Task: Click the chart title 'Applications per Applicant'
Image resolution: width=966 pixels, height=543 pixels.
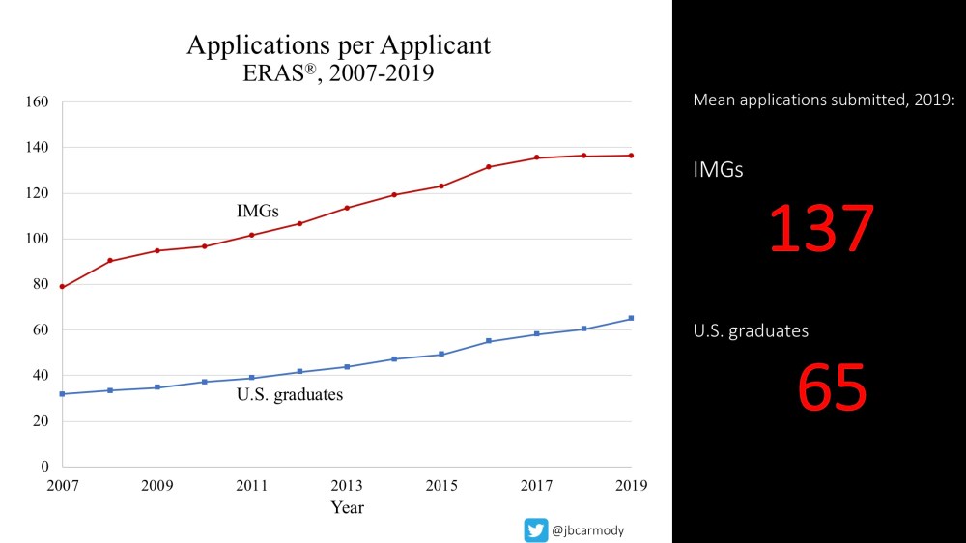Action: point(338,45)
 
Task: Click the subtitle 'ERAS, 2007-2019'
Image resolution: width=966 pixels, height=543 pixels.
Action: point(338,73)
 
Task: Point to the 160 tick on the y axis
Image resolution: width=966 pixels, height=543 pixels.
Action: point(38,101)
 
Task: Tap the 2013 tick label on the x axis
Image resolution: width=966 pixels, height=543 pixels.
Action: point(347,484)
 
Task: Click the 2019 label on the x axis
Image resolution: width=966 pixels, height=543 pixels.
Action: point(632,484)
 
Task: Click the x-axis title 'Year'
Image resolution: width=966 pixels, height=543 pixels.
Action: point(347,507)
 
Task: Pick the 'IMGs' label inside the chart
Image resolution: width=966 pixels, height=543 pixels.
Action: point(258,210)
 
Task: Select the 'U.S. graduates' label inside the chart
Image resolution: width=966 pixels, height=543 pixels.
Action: point(290,394)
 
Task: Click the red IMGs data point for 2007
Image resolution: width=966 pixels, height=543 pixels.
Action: point(62,287)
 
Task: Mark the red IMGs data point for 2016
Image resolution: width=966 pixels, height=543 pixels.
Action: point(489,167)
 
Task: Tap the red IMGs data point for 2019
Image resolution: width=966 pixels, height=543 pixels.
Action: point(632,156)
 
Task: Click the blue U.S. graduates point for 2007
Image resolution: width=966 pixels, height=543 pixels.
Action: point(62,394)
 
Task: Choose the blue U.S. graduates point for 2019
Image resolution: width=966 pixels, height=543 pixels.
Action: point(632,318)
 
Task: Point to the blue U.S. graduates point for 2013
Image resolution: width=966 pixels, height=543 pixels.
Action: point(347,367)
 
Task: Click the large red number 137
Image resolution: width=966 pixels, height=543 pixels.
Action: point(821,230)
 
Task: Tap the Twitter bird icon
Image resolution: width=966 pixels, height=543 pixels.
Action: point(535,529)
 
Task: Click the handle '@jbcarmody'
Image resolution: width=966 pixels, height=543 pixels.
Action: point(588,530)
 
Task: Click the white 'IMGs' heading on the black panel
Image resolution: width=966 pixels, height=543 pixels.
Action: point(718,170)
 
